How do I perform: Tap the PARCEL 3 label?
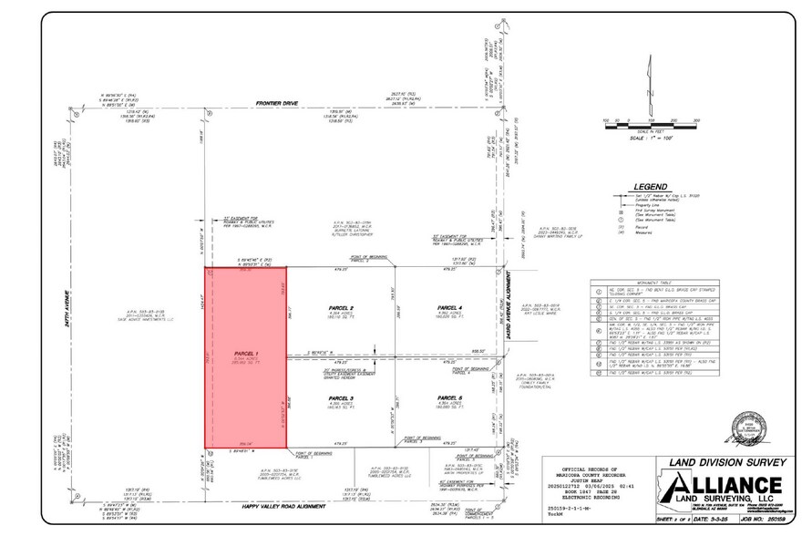pos(339,398)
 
